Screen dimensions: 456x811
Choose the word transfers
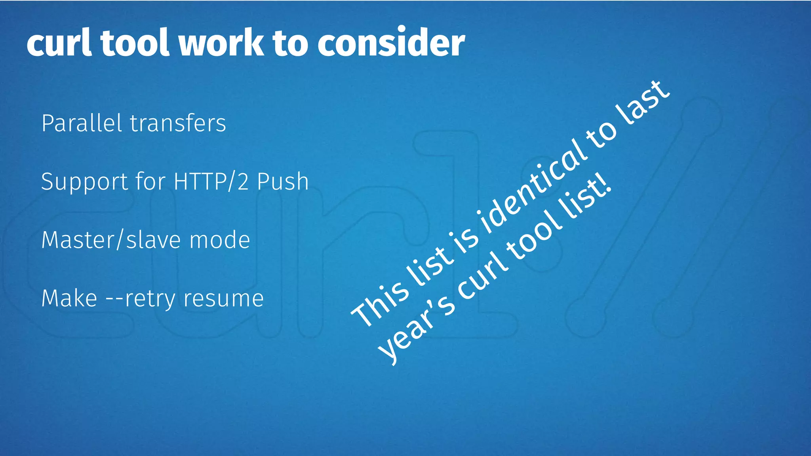(x=178, y=123)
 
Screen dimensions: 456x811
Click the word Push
(x=283, y=182)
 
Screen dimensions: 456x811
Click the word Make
(x=69, y=298)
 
